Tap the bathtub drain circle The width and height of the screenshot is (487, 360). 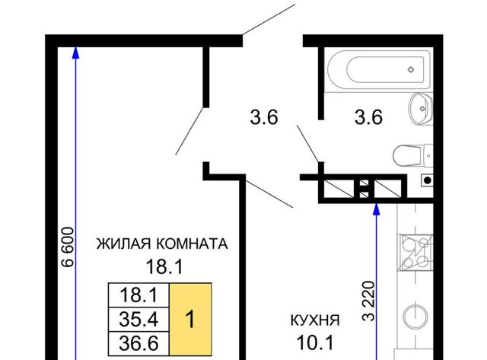click(x=411, y=69)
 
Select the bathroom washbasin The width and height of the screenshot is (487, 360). click(x=421, y=109)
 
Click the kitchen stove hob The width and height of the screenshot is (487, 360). click(x=415, y=253)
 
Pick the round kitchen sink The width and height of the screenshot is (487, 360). click(x=415, y=316)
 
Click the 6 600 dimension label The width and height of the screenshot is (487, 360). click(x=68, y=247)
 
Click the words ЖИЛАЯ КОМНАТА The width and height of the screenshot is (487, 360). click(x=162, y=244)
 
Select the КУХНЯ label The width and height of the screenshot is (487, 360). click(x=315, y=320)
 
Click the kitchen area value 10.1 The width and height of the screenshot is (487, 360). click(x=315, y=343)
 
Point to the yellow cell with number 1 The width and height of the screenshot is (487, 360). click(x=190, y=319)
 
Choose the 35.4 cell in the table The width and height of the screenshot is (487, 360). click(x=138, y=320)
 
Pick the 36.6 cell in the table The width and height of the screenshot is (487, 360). click(x=138, y=343)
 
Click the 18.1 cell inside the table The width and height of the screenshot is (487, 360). click(x=138, y=295)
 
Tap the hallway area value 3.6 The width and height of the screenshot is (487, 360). click(x=264, y=118)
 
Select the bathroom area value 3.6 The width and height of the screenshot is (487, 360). click(x=368, y=118)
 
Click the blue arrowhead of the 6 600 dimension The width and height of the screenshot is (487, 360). click(x=76, y=53)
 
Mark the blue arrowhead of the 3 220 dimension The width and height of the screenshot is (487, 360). click(x=377, y=209)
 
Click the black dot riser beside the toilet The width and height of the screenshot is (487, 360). click(x=428, y=180)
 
